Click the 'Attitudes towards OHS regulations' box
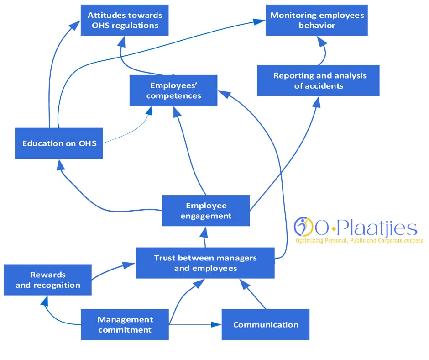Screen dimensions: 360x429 (x=125, y=20)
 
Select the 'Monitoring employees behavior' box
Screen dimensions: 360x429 (x=317, y=20)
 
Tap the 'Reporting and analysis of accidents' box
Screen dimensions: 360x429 (x=318, y=80)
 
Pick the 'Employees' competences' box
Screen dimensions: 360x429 (x=173, y=90)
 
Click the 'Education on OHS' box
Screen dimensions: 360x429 (x=59, y=143)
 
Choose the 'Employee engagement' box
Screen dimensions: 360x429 (x=206, y=211)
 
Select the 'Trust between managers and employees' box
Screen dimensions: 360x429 (x=205, y=263)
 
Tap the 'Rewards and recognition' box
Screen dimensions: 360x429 (x=47, y=280)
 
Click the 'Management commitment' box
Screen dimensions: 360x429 (x=125, y=324)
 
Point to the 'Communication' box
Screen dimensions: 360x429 (x=265, y=325)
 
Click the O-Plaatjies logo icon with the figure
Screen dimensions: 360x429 (x=302, y=227)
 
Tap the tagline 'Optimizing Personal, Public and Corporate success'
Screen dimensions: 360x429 (x=359, y=240)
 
